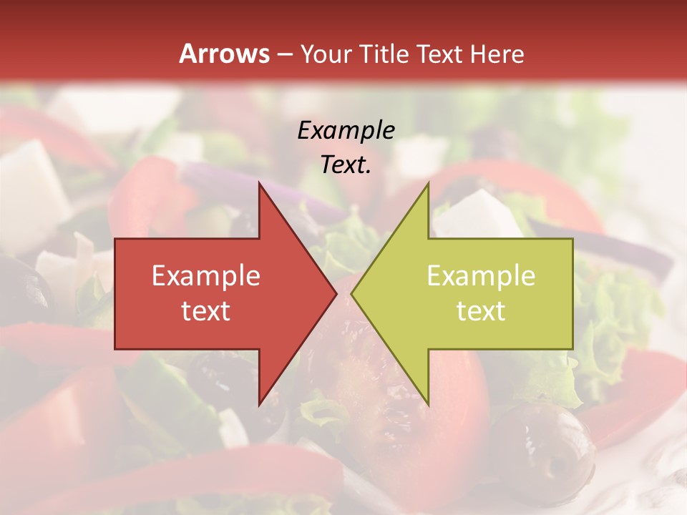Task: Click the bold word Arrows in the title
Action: click(225, 54)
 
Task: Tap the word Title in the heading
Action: click(384, 54)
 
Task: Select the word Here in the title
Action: click(498, 54)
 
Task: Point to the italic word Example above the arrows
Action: click(346, 131)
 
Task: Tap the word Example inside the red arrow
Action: click(206, 276)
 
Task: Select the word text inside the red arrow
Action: click(206, 311)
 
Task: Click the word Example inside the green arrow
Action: click(481, 276)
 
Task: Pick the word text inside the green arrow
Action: click(481, 311)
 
